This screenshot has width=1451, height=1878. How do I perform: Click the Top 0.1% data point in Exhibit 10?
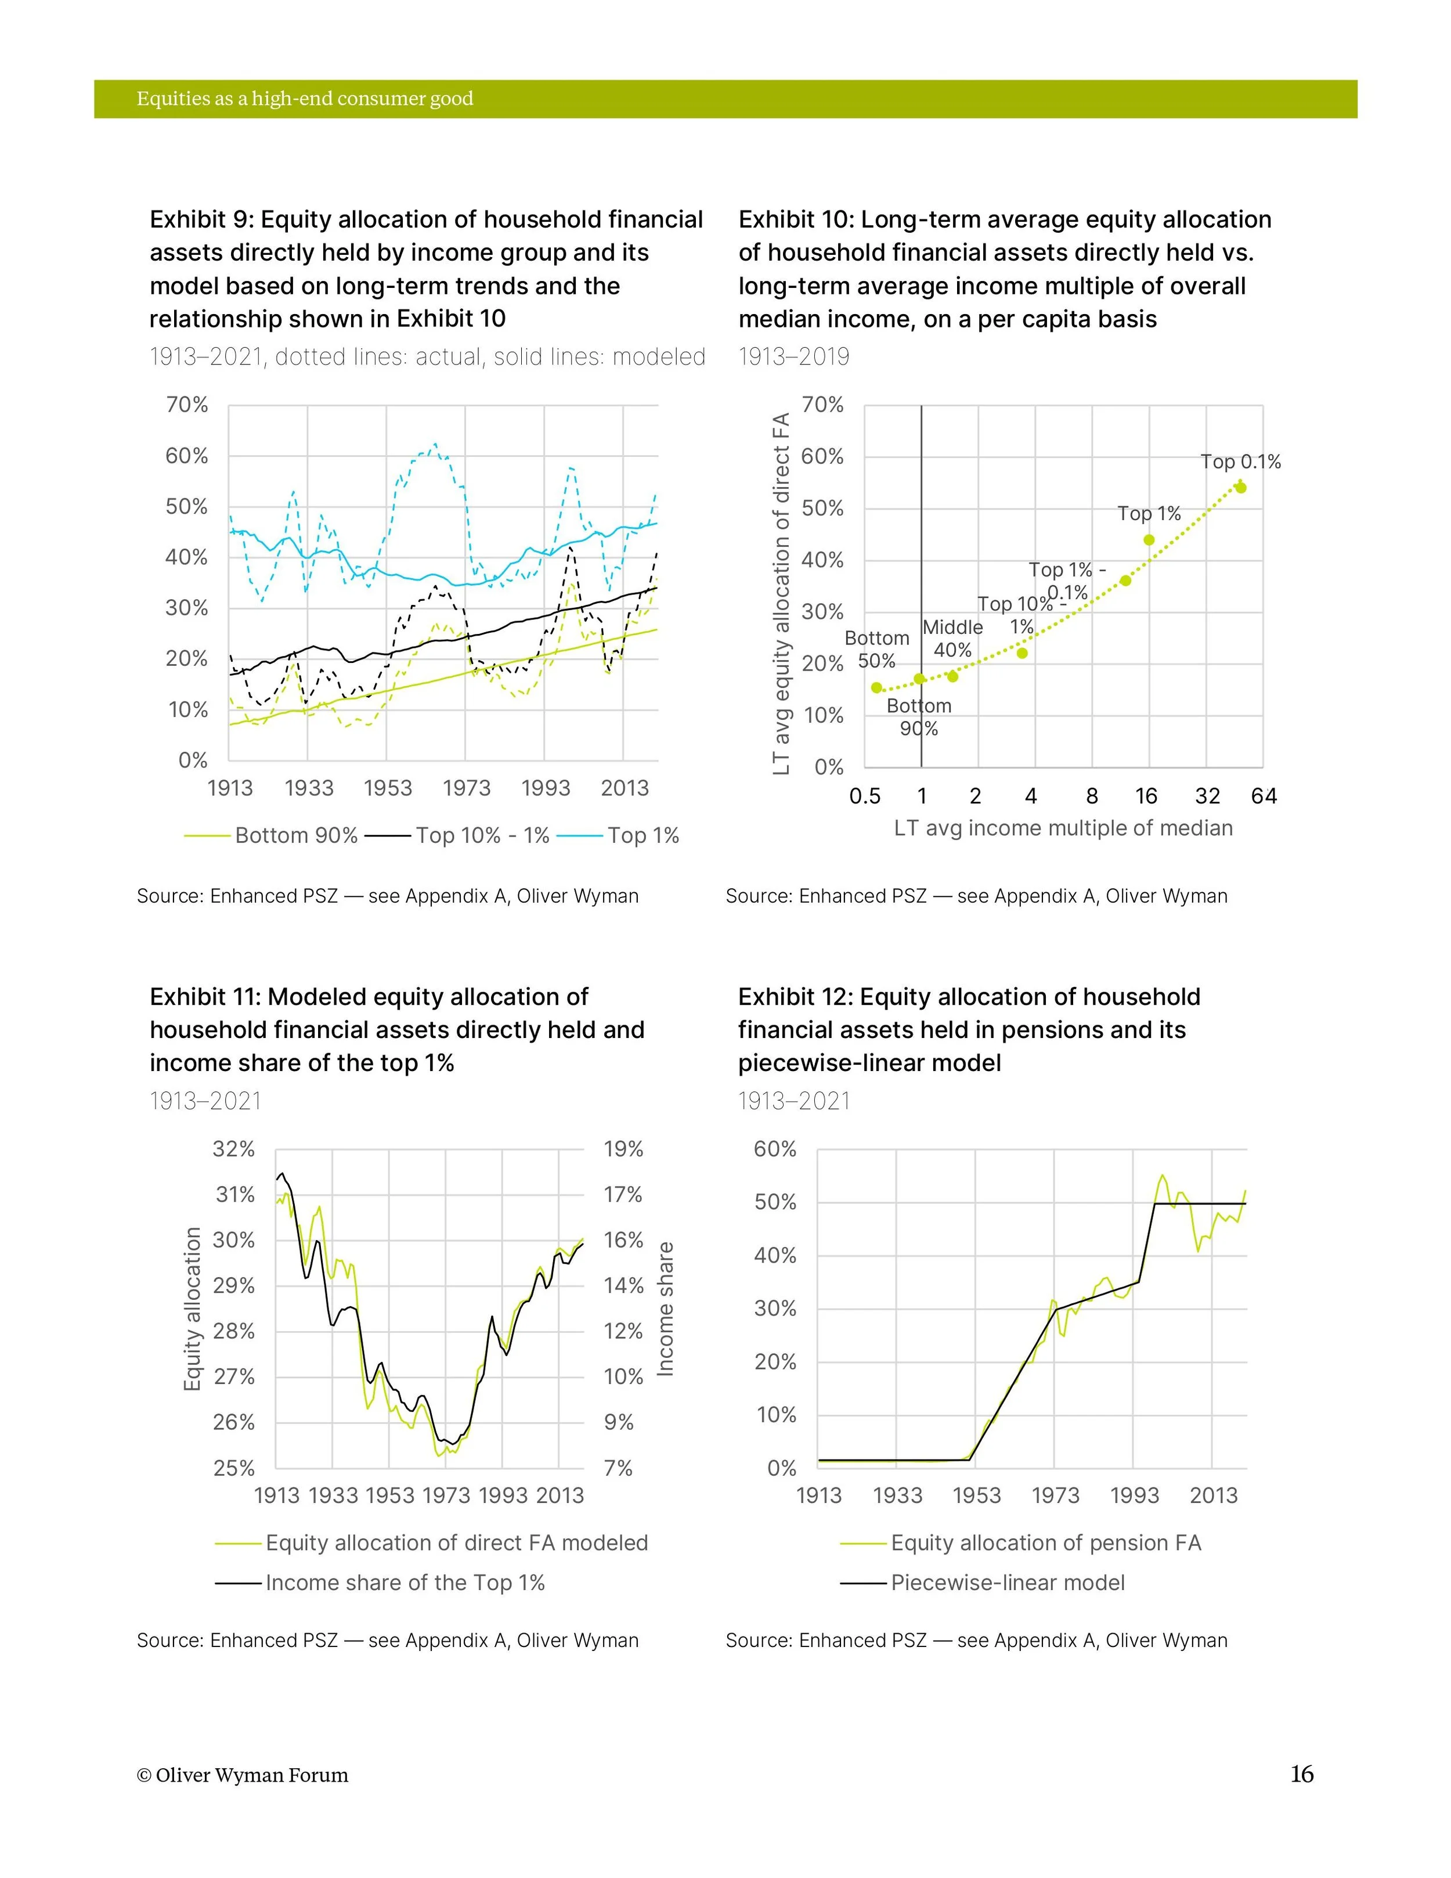(x=1240, y=488)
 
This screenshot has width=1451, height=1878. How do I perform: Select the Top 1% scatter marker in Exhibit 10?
(x=1149, y=540)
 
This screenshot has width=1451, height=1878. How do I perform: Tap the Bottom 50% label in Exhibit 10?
(x=877, y=649)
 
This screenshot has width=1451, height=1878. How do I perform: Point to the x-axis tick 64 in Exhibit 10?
(x=1264, y=796)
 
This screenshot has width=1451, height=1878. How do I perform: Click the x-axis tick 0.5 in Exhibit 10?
(x=865, y=796)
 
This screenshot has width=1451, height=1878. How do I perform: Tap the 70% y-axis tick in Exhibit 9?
(x=186, y=405)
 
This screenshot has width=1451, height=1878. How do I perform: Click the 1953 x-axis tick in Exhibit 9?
(x=388, y=788)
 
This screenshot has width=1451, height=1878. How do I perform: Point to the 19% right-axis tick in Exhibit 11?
(x=623, y=1149)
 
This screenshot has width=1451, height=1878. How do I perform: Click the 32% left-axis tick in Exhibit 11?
(x=234, y=1149)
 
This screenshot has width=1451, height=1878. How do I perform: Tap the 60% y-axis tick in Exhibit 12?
(x=775, y=1149)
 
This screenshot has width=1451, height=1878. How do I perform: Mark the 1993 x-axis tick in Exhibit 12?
(x=1135, y=1495)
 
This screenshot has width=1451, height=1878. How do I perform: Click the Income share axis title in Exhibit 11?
(x=665, y=1309)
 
